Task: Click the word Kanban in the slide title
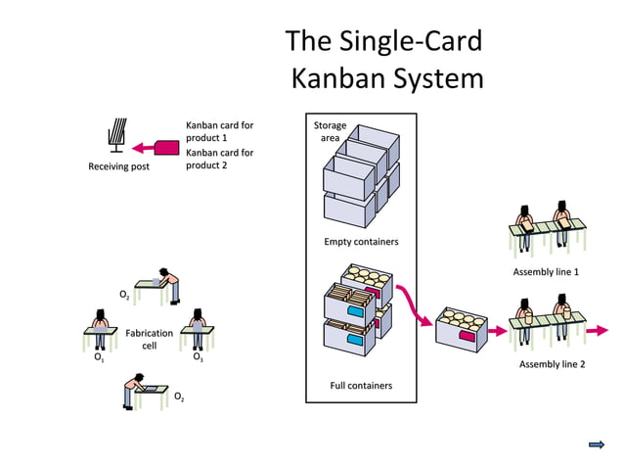[x=339, y=77]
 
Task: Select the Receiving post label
[x=118, y=166]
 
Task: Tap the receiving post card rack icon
[x=116, y=135]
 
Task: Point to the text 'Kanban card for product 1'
[x=219, y=131]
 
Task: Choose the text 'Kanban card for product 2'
[x=219, y=159]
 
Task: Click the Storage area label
[x=330, y=131]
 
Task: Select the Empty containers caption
[x=361, y=241]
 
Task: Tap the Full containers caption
[x=361, y=385]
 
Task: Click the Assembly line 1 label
[x=546, y=271]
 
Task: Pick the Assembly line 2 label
[x=552, y=364]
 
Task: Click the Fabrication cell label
[x=149, y=339]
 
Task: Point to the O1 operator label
[x=99, y=359]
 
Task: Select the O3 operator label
[x=198, y=359]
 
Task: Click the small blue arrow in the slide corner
[x=596, y=445]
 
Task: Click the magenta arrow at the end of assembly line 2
[x=596, y=330]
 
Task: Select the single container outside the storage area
[x=463, y=328]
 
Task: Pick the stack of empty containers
[x=361, y=179]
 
